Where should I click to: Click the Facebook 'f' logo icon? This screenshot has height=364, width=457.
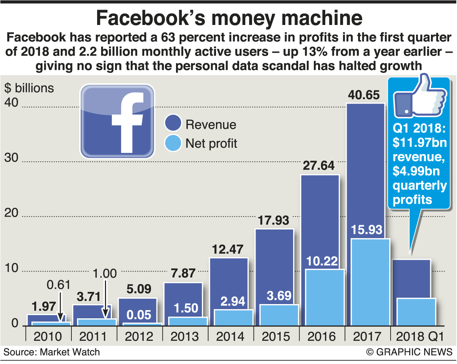(x=117, y=121)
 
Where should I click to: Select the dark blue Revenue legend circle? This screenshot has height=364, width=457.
(x=173, y=123)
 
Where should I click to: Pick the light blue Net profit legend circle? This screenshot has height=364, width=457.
(x=173, y=143)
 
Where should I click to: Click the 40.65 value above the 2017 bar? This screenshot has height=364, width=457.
(x=364, y=95)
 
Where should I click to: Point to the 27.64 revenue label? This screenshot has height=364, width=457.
(x=319, y=166)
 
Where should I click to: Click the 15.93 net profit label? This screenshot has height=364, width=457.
(x=367, y=230)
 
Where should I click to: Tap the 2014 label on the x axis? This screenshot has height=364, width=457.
(x=230, y=337)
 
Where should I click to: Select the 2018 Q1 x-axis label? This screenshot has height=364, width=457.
(x=420, y=337)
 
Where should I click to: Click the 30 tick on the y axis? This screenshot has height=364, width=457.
(x=11, y=157)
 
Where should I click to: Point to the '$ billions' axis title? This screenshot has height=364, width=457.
(x=29, y=88)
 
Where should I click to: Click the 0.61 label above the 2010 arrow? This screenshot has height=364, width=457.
(x=59, y=285)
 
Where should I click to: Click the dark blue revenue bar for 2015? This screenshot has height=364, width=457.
(x=274, y=266)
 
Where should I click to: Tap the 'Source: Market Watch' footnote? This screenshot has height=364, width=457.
(x=52, y=352)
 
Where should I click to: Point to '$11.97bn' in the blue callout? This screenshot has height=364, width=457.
(x=420, y=143)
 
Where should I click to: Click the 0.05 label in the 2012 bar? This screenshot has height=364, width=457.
(x=139, y=315)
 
